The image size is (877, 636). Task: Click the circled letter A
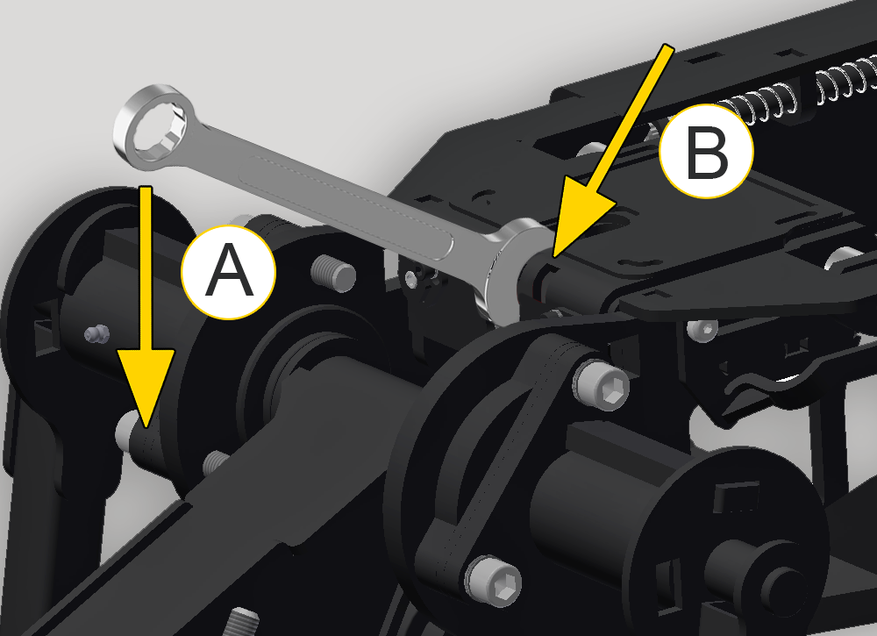point(228,273)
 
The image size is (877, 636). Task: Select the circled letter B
point(706,151)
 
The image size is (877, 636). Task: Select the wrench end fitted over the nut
point(512,268)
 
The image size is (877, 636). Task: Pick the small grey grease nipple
point(96,334)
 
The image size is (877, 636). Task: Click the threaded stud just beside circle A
point(333,273)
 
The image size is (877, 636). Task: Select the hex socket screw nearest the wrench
point(601,384)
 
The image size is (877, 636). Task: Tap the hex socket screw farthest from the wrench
point(493,582)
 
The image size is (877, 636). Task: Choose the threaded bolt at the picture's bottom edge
point(242,622)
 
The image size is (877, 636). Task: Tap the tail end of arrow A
point(146,188)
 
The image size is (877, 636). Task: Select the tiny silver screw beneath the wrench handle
point(413,277)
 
